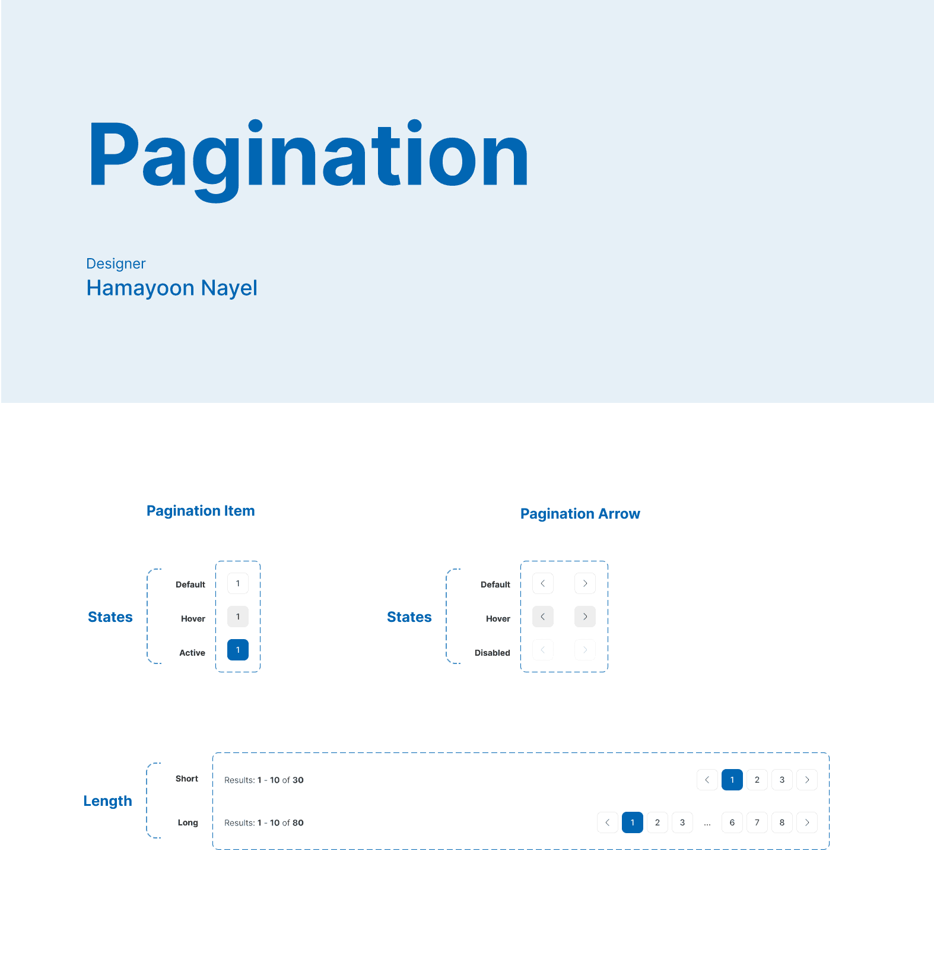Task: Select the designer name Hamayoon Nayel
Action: click(x=172, y=288)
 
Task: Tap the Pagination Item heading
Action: click(x=201, y=511)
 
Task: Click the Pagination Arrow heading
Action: click(x=580, y=514)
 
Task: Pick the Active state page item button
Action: click(x=238, y=650)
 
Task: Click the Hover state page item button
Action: click(x=238, y=617)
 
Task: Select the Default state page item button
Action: click(x=238, y=583)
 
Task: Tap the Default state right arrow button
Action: click(x=585, y=583)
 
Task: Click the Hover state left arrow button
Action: click(x=543, y=617)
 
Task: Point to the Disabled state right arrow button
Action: click(x=585, y=650)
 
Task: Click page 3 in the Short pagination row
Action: click(x=782, y=780)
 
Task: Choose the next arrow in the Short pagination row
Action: click(x=807, y=780)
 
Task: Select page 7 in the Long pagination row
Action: click(x=757, y=822)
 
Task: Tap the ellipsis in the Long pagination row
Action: click(x=707, y=824)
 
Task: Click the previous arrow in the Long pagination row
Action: click(x=608, y=822)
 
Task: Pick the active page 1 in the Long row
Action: click(x=633, y=822)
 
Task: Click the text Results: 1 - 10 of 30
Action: click(x=264, y=780)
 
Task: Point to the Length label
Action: click(x=107, y=802)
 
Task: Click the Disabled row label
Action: click(x=493, y=653)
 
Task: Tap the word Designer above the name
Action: click(x=116, y=264)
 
